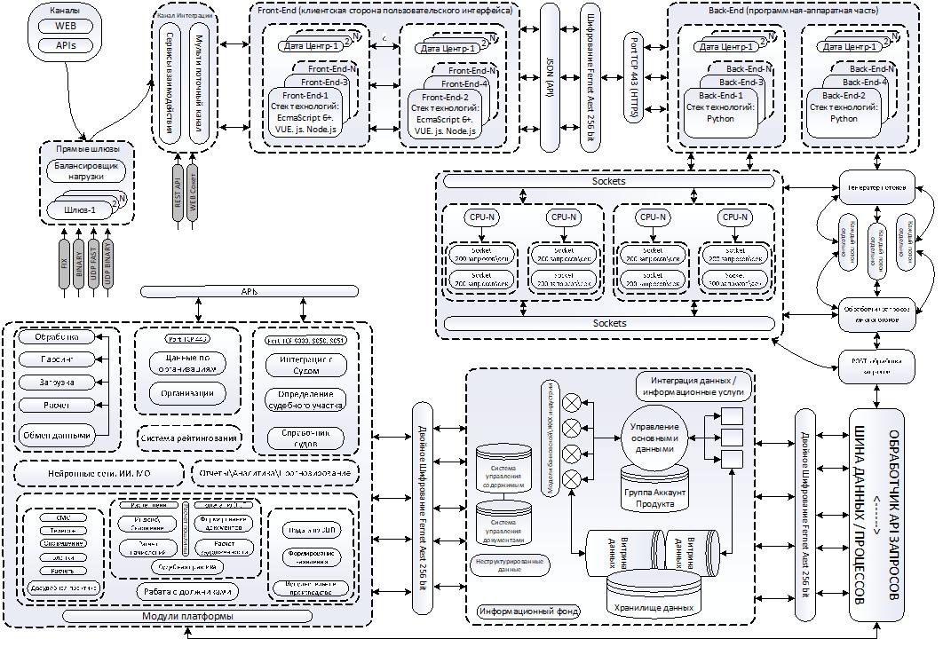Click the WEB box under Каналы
[66, 26]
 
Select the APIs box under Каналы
[66, 44]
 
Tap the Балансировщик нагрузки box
[85, 170]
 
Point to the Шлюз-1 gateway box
[81, 209]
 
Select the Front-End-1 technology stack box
[305, 114]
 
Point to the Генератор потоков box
[877, 188]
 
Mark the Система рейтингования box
[190, 438]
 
